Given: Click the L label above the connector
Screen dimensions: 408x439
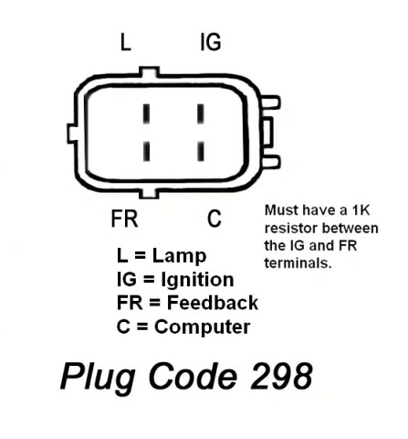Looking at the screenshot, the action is pyautogui.click(x=126, y=42).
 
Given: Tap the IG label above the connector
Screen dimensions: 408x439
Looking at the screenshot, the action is pyautogui.click(x=211, y=42).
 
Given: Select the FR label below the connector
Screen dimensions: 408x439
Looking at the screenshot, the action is pyautogui.click(x=124, y=219).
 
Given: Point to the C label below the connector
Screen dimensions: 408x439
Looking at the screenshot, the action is pyautogui.click(x=214, y=219).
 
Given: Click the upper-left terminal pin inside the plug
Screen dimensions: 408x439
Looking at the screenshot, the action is pyautogui.click(x=147, y=113).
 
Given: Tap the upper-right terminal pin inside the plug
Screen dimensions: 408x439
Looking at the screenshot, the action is pyautogui.click(x=201, y=113).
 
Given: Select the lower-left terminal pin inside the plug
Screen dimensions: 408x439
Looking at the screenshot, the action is pyautogui.click(x=147, y=151).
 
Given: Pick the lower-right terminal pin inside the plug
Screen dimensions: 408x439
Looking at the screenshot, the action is pyautogui.click(x=201, y=151).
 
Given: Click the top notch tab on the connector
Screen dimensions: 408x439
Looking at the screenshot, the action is pyautogui.click(x=149, y=71).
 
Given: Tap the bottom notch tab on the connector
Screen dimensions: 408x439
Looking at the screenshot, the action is pyautogui.click(x=149, y=194).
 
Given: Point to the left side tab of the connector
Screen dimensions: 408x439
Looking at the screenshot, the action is pyautogui.click(x=72, y=134).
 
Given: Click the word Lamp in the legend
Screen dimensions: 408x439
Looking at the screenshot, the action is pyautogui.click(x=179, y=255).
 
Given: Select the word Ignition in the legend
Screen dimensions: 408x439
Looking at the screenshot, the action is pyautogui.click(x=197, y=280).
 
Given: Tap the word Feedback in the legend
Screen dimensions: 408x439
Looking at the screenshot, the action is pyautogui.click(x=213, y=303).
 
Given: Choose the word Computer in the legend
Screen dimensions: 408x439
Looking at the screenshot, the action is pyautogui.click(x=203, y=327).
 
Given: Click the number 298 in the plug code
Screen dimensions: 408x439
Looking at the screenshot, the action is pyautogui.click(x=281, y=376).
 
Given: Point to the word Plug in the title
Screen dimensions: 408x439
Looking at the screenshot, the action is pyautogui.click(x=99, y=379).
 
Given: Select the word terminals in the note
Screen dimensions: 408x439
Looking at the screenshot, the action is pyautogui.click(x=298, y=262).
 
